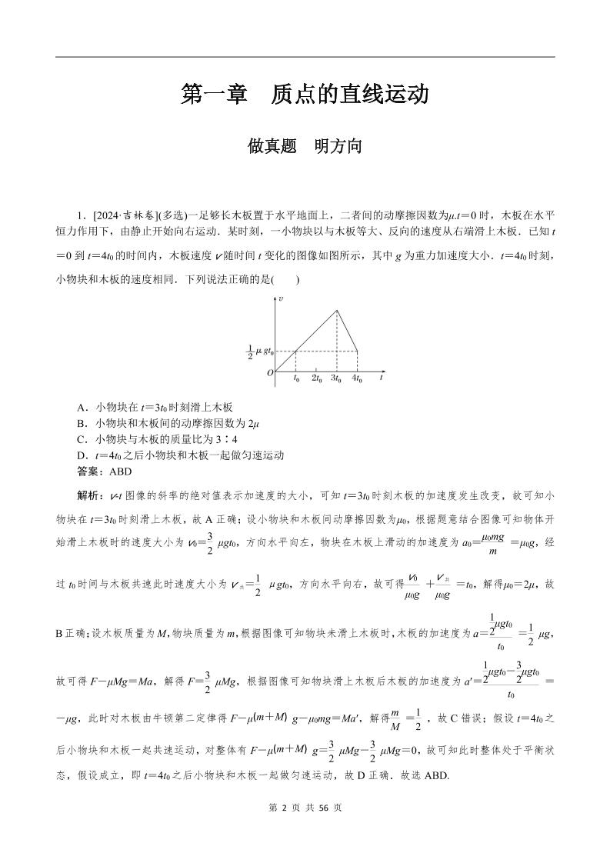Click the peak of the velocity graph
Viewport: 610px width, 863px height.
pos(337,310)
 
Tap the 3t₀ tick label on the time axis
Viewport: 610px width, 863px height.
pos(337,378)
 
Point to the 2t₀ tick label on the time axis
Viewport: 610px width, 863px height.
pos(316,378)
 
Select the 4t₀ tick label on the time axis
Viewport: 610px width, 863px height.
pos(357,378)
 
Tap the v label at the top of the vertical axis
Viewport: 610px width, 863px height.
pos(282,298)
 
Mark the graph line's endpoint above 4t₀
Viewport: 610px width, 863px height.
pos(357,352)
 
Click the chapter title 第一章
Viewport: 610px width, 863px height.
pos(213,95)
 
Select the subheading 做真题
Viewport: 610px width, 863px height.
pos(272,145)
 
